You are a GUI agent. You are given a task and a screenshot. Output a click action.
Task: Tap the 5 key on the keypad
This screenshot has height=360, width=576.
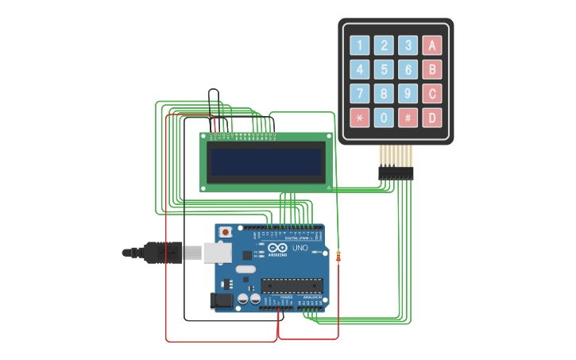click(384, 70)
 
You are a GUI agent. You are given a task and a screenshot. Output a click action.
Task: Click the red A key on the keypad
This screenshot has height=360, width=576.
click(431, 45)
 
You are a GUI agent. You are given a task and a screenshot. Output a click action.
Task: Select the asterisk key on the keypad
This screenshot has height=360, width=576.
click(360, 118)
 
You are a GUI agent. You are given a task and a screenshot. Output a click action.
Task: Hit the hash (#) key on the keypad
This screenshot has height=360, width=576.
click(408, 118)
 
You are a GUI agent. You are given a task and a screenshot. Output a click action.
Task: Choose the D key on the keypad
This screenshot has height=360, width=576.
click(431, 118)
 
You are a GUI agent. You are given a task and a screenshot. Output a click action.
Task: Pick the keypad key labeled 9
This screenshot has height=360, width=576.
click(408, 94)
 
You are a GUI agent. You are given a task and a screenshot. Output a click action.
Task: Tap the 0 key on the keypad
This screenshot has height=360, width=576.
click(384, 118)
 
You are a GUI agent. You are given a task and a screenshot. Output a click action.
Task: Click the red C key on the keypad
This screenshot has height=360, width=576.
click(431, 94)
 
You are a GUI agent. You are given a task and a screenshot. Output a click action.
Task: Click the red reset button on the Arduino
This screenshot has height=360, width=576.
click(226, 232)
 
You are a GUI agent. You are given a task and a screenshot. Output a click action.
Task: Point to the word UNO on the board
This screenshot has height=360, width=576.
click(300, 248)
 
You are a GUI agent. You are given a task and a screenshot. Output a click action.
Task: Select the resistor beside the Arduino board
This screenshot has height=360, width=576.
click(339, 256)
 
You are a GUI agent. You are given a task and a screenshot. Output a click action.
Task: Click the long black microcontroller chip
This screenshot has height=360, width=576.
click(292, 285)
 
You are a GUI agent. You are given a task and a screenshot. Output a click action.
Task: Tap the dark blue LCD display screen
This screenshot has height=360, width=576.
click(265, 161)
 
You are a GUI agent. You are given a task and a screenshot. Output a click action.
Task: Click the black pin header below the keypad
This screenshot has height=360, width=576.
click(396, 173)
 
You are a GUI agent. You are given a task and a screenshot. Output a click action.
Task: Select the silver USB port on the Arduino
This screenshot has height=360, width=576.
click(216, 252)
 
